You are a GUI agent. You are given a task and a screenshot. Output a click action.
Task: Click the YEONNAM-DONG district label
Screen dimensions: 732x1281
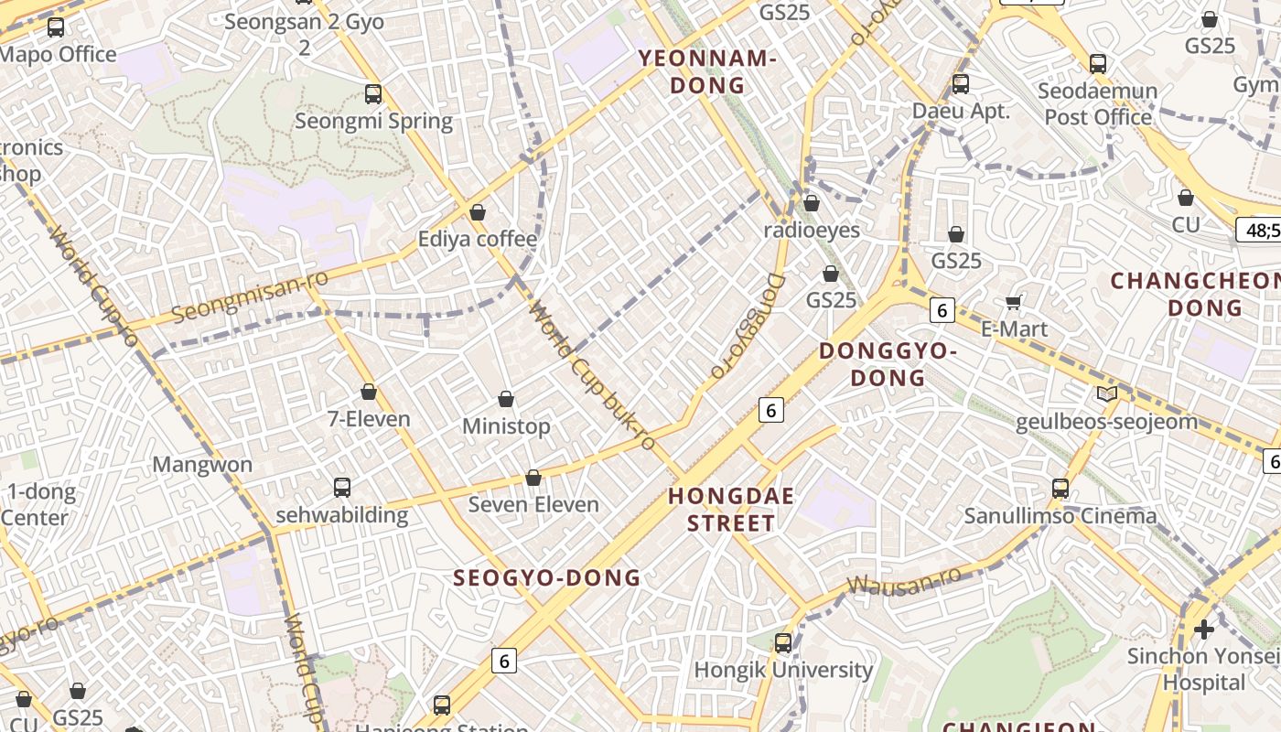(707, 72)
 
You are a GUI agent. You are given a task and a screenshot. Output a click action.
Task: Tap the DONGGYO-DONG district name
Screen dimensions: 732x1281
(888, 364)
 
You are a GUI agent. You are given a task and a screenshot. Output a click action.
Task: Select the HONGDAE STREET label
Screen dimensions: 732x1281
(731, 510)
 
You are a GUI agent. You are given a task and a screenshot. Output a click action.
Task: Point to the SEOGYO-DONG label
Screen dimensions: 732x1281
(547, 577)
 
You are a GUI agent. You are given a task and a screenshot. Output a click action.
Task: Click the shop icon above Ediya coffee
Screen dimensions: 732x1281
(478, 212)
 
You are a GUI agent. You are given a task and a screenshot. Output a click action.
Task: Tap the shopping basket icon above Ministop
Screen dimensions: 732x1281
(506, 399)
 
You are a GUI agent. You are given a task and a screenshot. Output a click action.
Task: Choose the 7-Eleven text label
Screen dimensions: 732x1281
(369, 419)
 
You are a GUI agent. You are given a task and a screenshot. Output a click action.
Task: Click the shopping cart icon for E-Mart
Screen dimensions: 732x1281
(1013, 302)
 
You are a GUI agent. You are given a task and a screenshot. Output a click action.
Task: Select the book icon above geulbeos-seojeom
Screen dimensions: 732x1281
(1107, 394)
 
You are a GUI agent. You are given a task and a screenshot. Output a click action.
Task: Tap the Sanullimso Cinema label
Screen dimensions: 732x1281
(1060, 516)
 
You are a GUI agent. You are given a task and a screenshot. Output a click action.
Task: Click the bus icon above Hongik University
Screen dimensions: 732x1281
(783, 642)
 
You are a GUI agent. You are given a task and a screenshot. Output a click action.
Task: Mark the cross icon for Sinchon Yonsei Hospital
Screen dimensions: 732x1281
(1204, 629)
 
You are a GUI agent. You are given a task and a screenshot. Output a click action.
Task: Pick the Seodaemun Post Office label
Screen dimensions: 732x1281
(1098, 104)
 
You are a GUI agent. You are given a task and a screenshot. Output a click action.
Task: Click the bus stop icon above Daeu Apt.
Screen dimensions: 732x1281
(961, 84)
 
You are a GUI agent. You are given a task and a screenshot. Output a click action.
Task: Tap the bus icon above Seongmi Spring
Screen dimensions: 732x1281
(373, 93)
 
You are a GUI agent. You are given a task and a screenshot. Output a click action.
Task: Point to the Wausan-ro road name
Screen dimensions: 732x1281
(904, 579)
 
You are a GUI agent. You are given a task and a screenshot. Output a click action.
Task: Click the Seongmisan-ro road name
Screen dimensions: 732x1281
(249, 296)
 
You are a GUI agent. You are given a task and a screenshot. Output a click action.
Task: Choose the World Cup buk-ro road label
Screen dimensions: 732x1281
(593, 375)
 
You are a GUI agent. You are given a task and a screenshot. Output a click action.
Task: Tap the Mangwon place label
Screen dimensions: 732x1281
(202, 465)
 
